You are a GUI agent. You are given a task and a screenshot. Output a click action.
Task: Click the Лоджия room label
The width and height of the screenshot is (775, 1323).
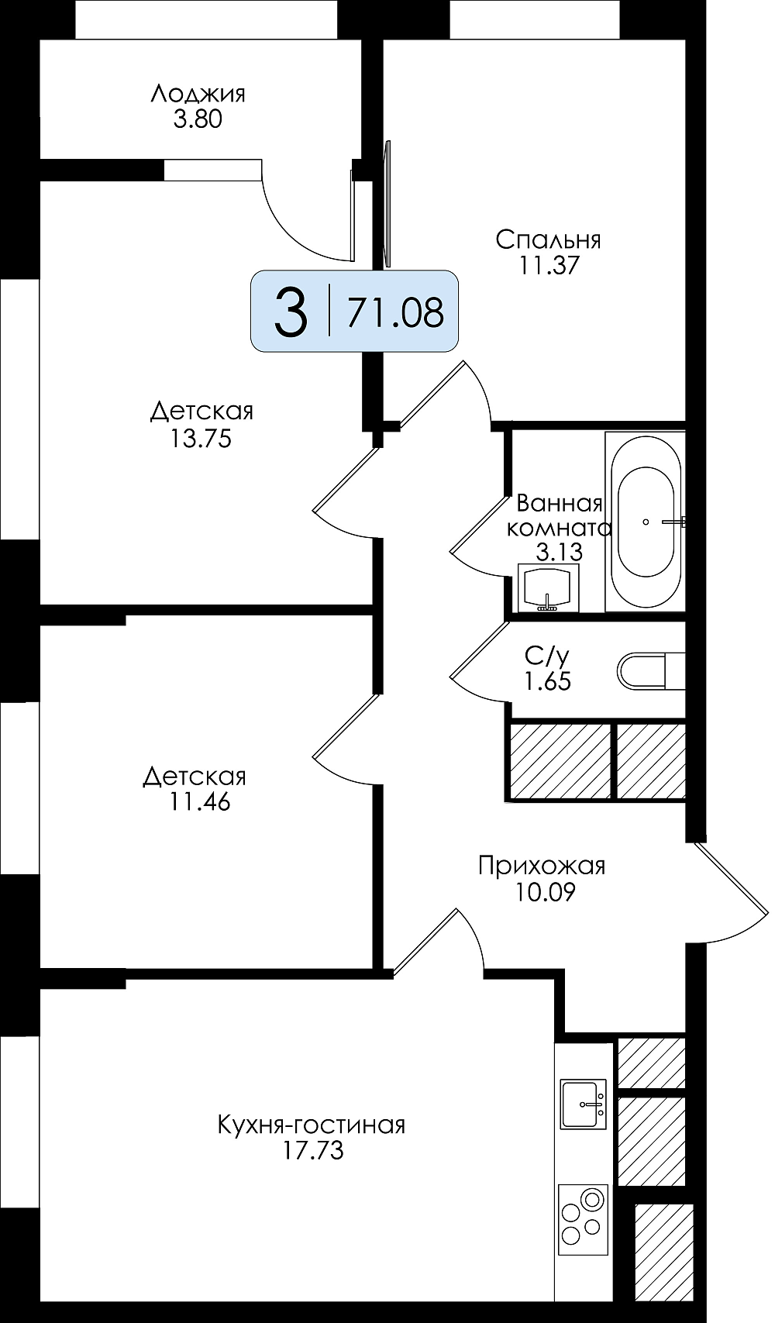pyautogui.click(x=198, y=94)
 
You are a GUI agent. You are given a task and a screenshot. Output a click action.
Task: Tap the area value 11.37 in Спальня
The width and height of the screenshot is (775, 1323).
pyautogui.click(x=548, y=266)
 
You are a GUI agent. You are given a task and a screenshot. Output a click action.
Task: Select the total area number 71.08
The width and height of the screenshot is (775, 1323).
pyautogui.click(x=395, y=312)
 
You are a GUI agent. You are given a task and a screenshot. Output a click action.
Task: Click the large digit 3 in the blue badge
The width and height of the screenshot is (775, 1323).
pyautogui.click(x=291, y=312)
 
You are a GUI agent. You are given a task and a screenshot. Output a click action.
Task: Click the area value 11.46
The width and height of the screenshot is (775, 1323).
pyautogui.click(x=200, y=802)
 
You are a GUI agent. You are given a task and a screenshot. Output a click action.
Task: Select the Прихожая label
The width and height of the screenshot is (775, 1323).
pyautogui.click(x=542, y=866)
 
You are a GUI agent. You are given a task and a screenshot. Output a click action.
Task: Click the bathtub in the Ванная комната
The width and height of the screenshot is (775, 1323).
pyautogui.click(x=645, y=522)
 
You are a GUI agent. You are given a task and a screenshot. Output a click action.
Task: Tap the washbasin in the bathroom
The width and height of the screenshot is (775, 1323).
pyautogui.click(x=548, y=588)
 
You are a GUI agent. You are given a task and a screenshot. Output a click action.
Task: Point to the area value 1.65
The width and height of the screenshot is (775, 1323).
pyautogui.click(x=547, y=682)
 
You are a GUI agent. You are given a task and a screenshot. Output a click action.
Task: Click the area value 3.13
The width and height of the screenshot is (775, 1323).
pyautogui.click(x=559, y=553)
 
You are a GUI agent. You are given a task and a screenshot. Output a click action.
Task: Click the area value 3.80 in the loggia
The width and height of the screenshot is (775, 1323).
pyautogui.click(x=198, y=120)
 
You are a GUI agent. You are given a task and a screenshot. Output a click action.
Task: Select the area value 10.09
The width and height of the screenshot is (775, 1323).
pyautogui.click(x=545, y=892)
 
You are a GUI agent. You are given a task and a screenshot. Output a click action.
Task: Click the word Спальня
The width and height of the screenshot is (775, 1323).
pyautogui.click(x=548, y=239)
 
